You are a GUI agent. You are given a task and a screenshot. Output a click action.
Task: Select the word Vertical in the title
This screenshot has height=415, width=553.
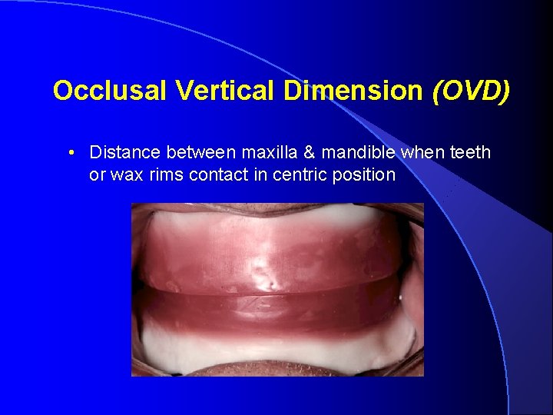[229, 91]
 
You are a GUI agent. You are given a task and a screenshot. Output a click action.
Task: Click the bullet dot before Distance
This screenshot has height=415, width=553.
[71, 152]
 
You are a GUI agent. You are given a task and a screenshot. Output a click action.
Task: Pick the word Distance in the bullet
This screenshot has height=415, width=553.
[121, 152]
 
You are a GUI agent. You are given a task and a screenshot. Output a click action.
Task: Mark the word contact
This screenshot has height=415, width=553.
[216, 174]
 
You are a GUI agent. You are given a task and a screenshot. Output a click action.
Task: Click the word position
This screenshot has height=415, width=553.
[363, 175]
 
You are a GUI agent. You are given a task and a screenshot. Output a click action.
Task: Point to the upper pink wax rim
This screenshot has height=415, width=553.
[276, 254]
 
